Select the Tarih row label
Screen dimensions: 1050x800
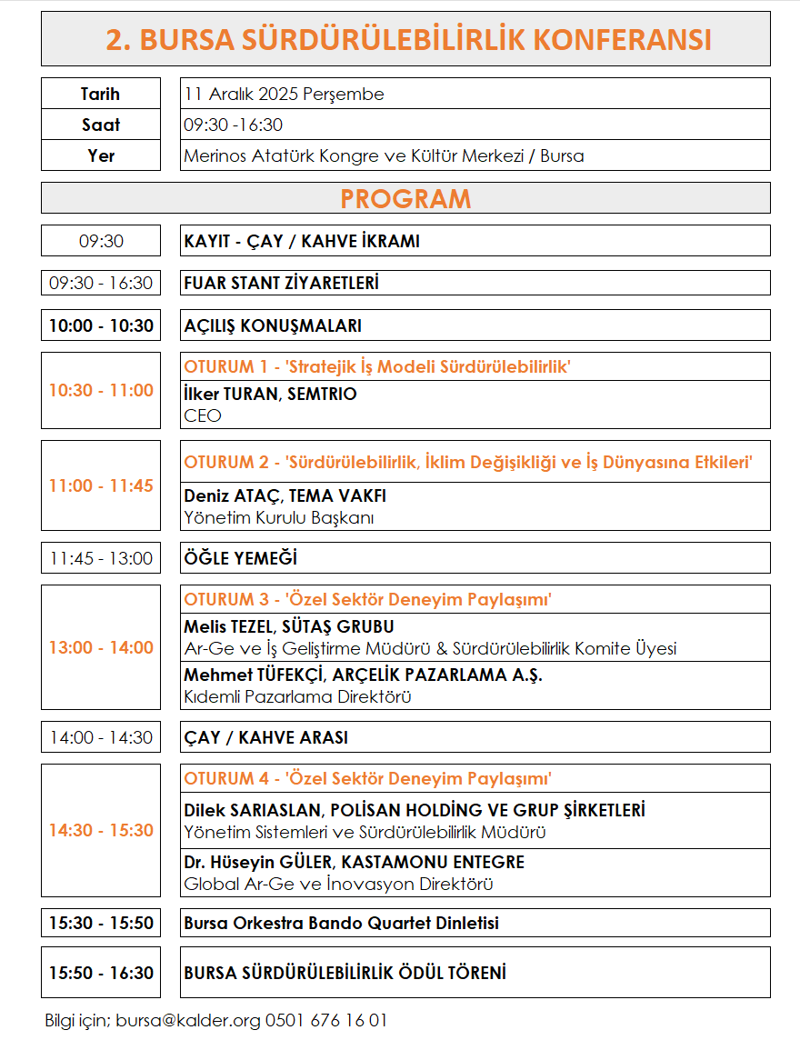(100, 94)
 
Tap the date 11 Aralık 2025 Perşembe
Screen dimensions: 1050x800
(284, 94)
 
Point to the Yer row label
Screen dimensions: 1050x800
(101, 155)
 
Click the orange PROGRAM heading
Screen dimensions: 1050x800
(405, 198)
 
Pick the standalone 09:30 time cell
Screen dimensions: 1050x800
(101, 241)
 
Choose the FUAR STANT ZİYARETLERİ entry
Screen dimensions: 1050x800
(281, 283)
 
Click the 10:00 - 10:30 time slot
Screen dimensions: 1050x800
(101, 325)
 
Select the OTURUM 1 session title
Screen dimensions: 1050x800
(376, 367)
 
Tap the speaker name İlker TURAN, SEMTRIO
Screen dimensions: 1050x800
(270, 395)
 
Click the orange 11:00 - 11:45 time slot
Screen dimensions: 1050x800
(101, 485)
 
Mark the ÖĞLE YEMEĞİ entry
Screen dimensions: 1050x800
(240, 558)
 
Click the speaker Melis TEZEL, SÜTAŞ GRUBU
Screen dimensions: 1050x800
(288, 627)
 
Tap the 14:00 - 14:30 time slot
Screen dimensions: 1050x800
(101, 737)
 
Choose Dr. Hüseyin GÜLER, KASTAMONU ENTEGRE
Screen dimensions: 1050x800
(354, 862)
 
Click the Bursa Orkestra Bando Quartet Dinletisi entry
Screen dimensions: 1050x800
(341, 923)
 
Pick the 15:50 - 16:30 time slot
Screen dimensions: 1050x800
(101, 973)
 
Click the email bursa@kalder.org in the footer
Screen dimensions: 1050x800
(188, 1020)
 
